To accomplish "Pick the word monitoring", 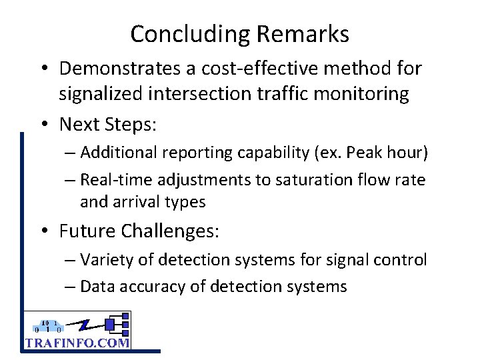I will click(361, 94).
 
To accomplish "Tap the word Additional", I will click(115, 153).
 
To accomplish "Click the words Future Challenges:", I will click(139, 231).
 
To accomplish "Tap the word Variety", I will click(105, 260).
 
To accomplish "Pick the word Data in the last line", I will click(95, 287).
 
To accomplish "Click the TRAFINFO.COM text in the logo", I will click(77, 343).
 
